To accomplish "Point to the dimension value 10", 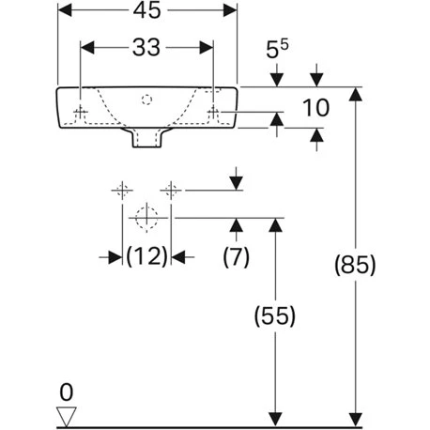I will (316, 108).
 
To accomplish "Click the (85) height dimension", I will (355, 266).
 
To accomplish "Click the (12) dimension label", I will (146, 255).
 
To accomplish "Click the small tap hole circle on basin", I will (146, 98).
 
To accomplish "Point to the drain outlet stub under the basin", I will (146, 138).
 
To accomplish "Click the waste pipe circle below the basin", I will (146, 218).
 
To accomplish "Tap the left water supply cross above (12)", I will (121, 191).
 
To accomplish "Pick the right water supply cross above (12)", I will (170, 191).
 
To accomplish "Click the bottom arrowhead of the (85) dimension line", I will (355, 416).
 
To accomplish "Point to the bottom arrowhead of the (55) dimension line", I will (274, 416).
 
